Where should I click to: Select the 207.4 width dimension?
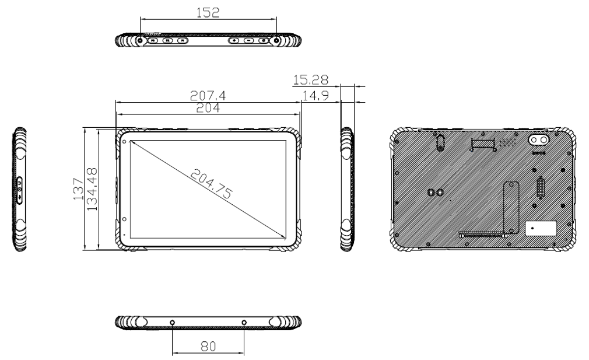(208, 94)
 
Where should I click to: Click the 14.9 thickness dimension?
(315, 95)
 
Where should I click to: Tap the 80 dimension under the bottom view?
(208, 345)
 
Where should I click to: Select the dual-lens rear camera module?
(539, 141)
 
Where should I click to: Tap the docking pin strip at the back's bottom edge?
(482, 236)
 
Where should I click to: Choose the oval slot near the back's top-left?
(441, 144)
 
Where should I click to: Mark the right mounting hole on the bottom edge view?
(244, 323)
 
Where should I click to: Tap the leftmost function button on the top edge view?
(152, 41)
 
